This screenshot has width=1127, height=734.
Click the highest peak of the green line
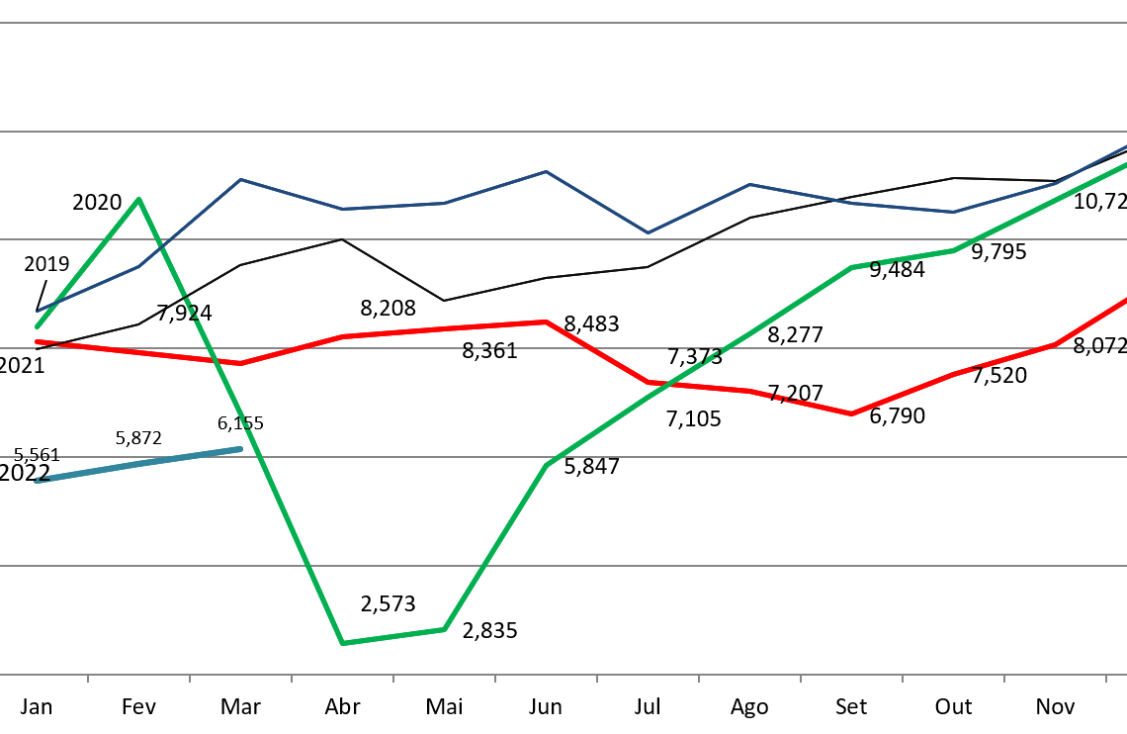pos(139,199)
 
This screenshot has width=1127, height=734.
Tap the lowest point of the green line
pos(342,643)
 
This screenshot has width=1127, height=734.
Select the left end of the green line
pos(37,326)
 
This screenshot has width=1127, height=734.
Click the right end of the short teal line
pos(240,449)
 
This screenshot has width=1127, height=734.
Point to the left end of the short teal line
pos(37,481)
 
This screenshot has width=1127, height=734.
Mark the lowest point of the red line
pos(851,413)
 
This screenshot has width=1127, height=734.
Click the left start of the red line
pos(37,342)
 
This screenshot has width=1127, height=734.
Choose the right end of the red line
pos(1125,299)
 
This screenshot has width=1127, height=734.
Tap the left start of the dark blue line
pos(37,312)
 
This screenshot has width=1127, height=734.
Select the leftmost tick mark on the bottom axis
pos(88,679)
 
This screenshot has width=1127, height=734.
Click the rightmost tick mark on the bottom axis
pos(1105,679)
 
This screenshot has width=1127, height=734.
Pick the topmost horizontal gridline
pos(563,23)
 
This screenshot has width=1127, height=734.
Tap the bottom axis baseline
pos(563,675)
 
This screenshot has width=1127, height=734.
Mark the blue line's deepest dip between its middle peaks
pos(648,232)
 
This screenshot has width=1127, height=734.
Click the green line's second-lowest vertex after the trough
pos(444,629)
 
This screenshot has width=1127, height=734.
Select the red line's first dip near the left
pos(240,363)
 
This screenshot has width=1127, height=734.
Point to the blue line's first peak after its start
pos(240,179)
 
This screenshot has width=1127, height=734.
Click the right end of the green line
pos(1125,164)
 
